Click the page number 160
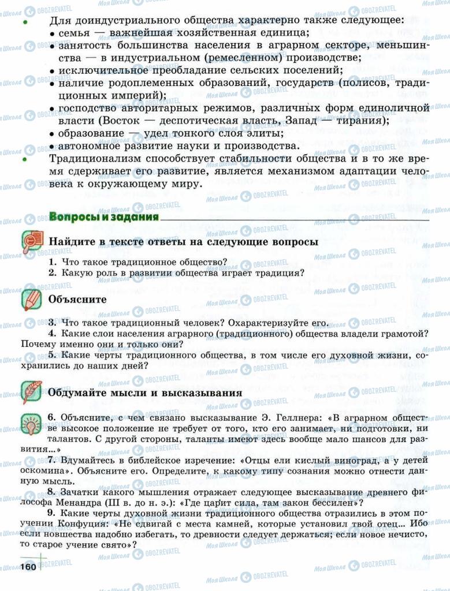pos(28,567)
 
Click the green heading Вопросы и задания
pos(103,217)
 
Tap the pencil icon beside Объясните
pos(32,300)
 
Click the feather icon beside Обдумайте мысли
pos(32,392)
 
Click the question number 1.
pos(52,261)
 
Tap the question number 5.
pos(52,355)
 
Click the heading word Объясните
pos(78,300)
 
